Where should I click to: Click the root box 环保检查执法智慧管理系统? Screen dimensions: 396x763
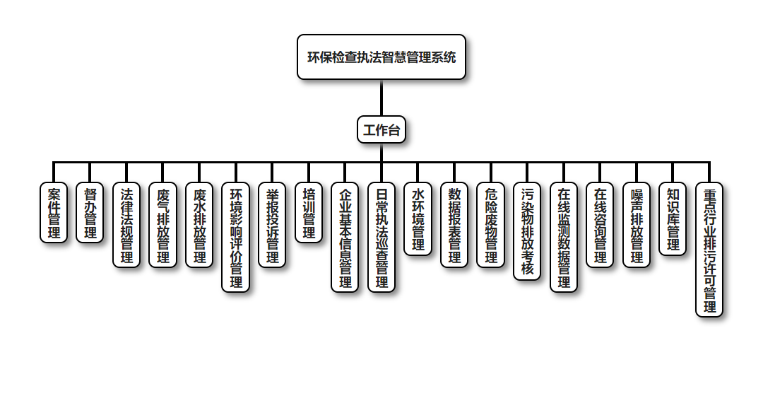point(381,57)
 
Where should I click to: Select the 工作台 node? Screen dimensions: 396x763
point(381,130)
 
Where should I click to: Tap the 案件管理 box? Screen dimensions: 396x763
point(54,213)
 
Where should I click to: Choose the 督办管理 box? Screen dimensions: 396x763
point(90,213)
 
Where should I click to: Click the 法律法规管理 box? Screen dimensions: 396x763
point(126,225)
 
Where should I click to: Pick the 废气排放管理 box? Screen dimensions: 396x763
point(163,225)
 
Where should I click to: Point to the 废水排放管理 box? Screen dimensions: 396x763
point(199,225)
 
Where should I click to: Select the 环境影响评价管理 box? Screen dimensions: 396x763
point(236,238)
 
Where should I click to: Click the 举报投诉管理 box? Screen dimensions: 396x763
point(272,225)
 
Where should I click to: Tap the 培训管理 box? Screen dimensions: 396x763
point(309,213)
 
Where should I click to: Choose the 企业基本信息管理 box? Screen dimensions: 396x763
point(345,238)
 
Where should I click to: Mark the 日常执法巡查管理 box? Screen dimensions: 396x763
point(381,238)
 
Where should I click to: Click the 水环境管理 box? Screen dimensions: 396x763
point(418,219)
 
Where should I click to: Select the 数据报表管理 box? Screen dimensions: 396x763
point(454,225)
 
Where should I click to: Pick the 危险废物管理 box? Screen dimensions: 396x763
point(491,225)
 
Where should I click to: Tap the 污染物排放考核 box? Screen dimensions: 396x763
point(527,231)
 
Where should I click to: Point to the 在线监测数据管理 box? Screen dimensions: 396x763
point(564,238)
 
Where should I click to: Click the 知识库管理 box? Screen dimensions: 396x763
point(673,219)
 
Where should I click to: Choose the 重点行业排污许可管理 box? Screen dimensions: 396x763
point(709,250)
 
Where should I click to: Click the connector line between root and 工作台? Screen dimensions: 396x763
point(381,98)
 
